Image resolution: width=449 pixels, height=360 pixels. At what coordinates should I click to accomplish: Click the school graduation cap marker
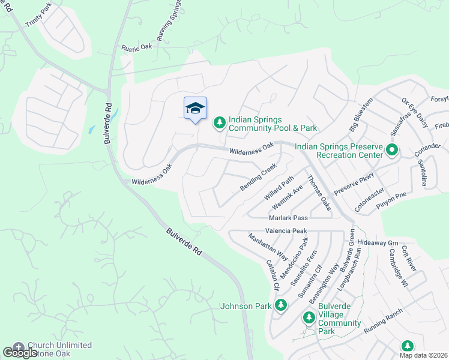pyautogui.click(x=195, y=108)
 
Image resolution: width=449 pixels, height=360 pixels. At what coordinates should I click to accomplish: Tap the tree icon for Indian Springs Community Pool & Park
pyautogui.click(x=220, y=123)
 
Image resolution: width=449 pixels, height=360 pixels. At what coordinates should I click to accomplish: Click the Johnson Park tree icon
pyautogui.click(x=280, y=305)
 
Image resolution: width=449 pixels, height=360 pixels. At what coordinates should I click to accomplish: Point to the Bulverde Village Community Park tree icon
pyautogui.click(x=309, y=317)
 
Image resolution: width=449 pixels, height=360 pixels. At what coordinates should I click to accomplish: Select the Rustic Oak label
pyautogui.click(x=139, y=47)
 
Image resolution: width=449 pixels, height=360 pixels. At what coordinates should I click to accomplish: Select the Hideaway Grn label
pyautogui.click(x=378, y=242)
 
